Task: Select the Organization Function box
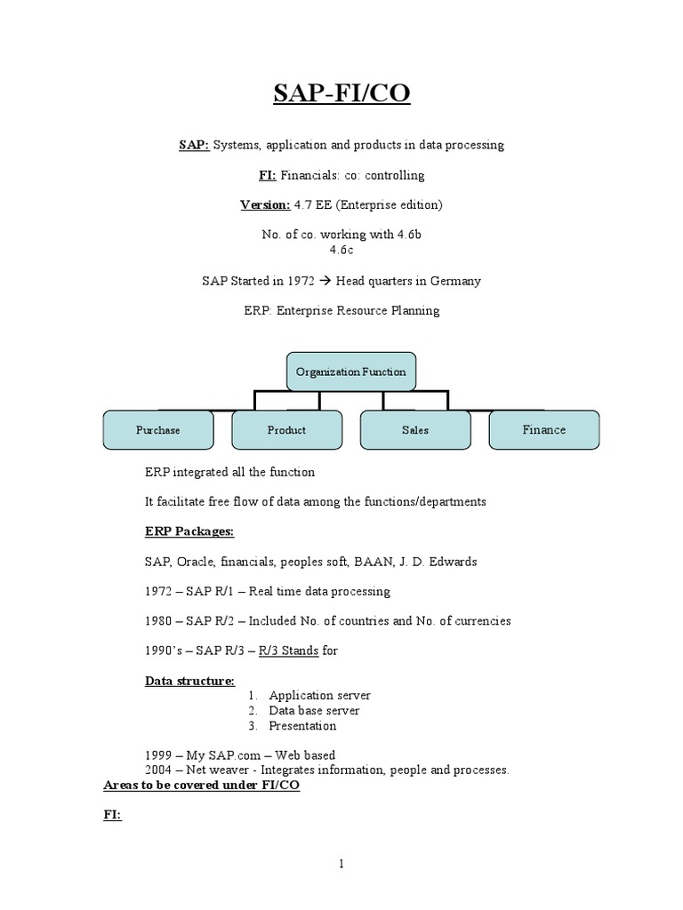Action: pos(351,371)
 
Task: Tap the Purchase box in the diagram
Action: pos(158,430)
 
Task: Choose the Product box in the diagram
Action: pos(286,430)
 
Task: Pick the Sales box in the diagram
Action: pos(414,430)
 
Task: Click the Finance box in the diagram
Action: pos(543,430)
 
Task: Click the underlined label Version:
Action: pos(265,204)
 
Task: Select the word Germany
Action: pos(455,281)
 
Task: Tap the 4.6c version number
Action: pos(341,250)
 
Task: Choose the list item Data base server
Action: pos(314,711)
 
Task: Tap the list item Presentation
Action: pos(302,726)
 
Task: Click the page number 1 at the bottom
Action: pos(341,865)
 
